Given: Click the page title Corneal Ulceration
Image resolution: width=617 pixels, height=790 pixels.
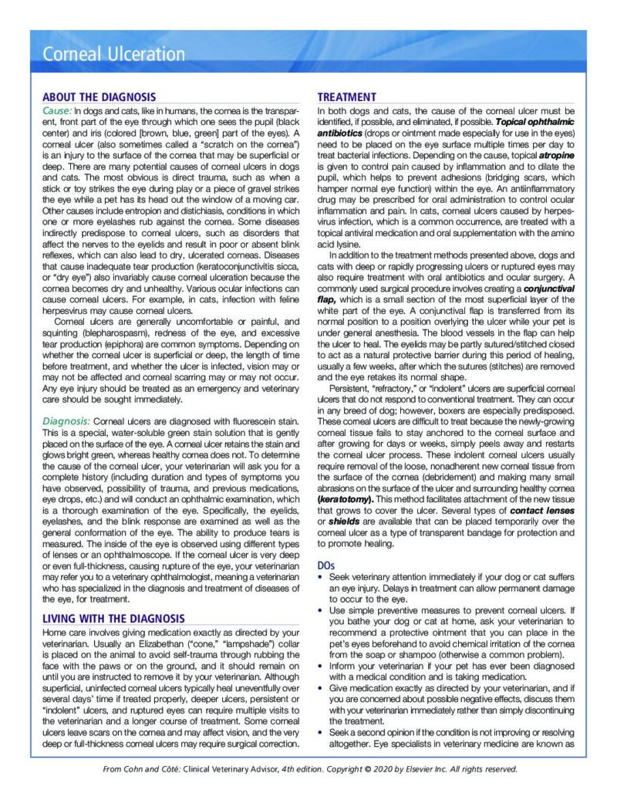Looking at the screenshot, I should tap(113, 54).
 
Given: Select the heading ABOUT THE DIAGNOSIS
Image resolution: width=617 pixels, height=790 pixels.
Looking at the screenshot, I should tap(99, 97).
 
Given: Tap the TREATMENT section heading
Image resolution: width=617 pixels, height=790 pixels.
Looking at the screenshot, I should tap(347, 97).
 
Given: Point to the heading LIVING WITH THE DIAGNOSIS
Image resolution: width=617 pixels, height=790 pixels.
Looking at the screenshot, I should tap(113, 619).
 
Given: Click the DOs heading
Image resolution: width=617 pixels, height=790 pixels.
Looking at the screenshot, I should tap(327, 565).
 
